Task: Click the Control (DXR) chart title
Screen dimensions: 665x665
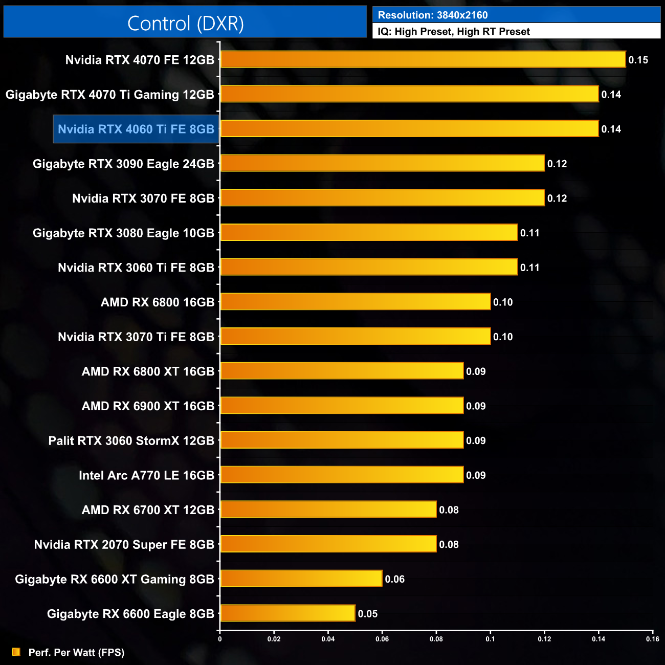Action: pos(185,24)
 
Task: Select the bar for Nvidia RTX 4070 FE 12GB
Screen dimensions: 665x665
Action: pos(423,59)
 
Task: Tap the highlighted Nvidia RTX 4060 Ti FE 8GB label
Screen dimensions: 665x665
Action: pos(136,129)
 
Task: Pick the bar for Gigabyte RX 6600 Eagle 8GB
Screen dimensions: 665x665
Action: pos(287,613)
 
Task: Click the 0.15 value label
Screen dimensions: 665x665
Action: pos(638,60)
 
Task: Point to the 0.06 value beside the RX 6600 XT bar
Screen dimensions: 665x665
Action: pos(394,579)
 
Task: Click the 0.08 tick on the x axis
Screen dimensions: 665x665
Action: pos(436,638)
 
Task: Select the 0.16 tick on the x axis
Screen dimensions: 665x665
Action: pos(652,638)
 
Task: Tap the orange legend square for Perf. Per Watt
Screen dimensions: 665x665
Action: pos(16,652)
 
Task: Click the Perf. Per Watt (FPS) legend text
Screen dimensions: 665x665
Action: pos(76,652)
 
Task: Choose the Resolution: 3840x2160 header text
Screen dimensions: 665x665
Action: pos(433,15)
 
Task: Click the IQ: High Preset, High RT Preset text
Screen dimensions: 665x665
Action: pos(454,32)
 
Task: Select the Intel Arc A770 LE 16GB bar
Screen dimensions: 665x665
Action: pos(342,475)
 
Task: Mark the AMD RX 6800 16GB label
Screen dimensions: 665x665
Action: pos(158,302)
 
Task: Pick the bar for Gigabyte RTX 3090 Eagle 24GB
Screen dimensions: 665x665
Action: pos(382,163)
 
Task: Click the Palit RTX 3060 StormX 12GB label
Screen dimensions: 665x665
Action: pos(131,440)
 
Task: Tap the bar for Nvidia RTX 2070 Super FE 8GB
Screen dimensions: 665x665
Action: pos(328,544)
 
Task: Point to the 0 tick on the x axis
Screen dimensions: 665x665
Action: pos(220,638)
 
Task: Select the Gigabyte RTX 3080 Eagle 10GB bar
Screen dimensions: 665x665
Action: pos(369,232)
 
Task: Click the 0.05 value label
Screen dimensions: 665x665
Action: pos(367,614)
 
